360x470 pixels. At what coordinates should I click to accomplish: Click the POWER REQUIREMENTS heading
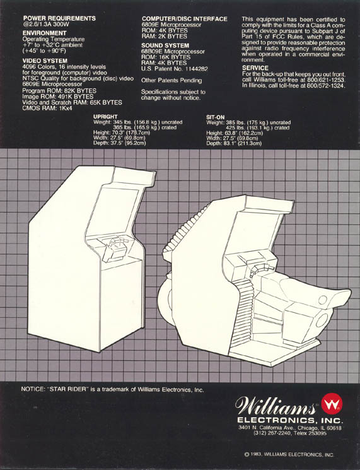(59, 18)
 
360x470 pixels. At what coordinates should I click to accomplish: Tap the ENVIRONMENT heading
(44, 33)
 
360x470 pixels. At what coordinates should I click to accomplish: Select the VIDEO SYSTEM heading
(45, 61)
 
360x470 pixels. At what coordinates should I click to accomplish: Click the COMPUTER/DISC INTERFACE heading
(185, 19)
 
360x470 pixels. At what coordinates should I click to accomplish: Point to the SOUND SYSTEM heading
(165, 45)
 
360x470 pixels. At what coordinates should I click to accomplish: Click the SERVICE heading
(255, 68)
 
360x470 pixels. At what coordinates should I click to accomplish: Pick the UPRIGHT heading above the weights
(105, 117)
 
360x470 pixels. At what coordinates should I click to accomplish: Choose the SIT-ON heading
(215, 117)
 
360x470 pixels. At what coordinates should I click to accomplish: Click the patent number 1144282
(197, 69)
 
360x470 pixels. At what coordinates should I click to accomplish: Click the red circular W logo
(332, 404)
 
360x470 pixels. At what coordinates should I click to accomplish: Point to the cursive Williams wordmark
(276, 406)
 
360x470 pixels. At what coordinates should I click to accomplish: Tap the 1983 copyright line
(289, 455)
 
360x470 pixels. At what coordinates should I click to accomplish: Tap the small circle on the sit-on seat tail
(323, 300)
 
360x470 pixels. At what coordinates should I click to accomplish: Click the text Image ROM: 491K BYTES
(58, 97)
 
